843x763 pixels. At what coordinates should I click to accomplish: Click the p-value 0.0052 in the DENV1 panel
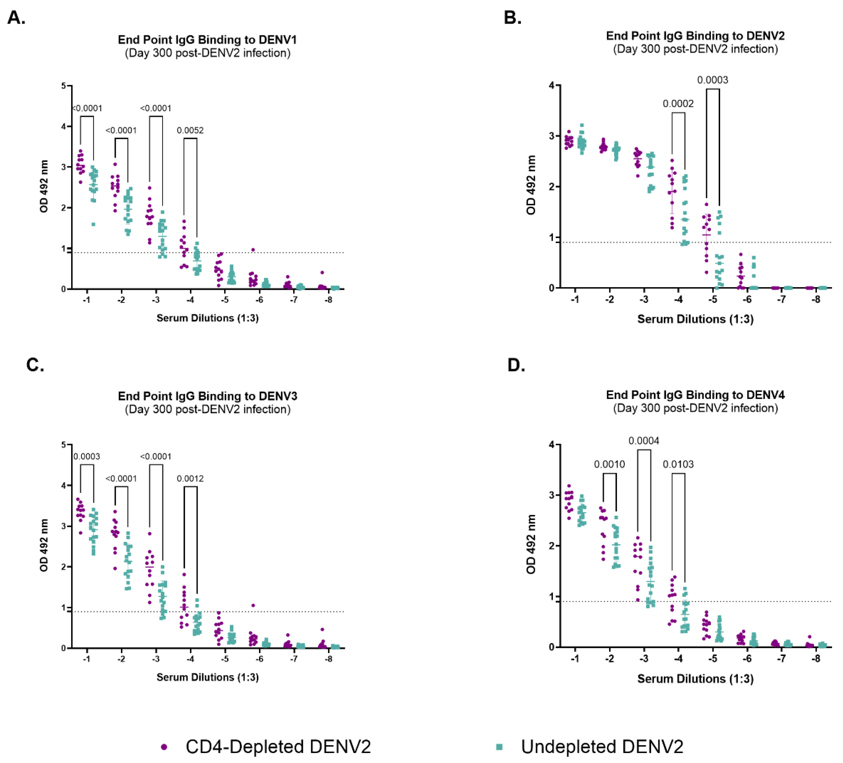pos(190,131)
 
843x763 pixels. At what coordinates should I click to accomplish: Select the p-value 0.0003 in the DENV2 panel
pos(712,80)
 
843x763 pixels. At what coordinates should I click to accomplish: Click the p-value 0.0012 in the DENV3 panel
pos(190,479)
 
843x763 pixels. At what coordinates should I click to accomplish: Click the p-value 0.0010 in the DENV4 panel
pos(609,464)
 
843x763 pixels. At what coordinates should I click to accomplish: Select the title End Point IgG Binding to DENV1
pos(207,40)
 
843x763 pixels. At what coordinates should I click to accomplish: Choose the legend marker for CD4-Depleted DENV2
pos(164,747)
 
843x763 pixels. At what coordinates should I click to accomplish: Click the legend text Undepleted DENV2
pos(602,747)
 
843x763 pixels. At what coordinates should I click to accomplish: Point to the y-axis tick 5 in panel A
pos(63,86)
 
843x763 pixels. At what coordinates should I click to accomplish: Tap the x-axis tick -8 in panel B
pos(816,300)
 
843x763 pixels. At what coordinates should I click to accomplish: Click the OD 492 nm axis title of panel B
pos(531,185)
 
